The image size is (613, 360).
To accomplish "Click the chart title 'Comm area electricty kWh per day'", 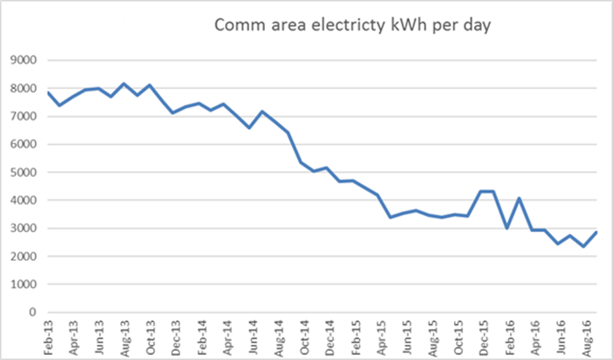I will click(x=353, y=25).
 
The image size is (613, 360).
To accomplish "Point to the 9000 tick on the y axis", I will click(x=30, y=60).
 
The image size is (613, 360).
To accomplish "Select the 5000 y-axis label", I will click(x=30, y=172).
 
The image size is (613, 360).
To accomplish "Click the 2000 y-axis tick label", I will click(x=30, y=256).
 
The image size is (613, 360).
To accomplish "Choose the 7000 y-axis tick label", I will click(x=30, y=116).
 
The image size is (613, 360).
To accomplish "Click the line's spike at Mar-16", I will click(x=518, y=199).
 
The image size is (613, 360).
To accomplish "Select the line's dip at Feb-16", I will click(x=505, y=228).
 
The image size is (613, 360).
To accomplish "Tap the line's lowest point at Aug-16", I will click(x=582, y=246).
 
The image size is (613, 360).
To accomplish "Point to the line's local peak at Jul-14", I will click(x=262, y=112).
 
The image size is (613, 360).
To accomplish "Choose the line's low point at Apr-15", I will click(x=390, y=218).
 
